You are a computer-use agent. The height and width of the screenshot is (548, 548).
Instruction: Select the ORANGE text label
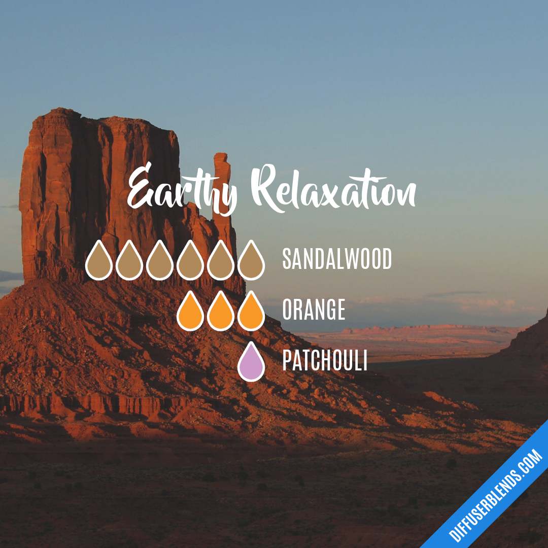pyautogui.click(x=314, y=310)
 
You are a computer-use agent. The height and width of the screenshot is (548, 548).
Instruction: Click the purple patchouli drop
pyautogui.click(x=251, y=363)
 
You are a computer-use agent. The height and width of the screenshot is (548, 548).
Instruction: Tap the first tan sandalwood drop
pyautogui.click(x=99, y=262)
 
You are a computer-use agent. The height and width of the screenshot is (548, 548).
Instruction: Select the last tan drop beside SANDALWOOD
pyautogui.click(x=251, y=262)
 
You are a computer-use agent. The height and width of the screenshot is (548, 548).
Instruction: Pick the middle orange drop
pyautogui.click(x=221, y=313)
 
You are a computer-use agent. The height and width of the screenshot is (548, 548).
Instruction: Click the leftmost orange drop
pyautogui.click(x=190, y=313)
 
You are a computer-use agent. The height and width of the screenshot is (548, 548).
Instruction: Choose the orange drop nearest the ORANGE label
pyautogui.click(x=251, y=313)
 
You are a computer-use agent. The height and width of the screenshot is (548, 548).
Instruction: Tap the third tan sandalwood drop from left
pyautogui.click(x=160, y=262)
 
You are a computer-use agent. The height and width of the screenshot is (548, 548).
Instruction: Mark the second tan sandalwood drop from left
pyautogui.click(x=129, y=262)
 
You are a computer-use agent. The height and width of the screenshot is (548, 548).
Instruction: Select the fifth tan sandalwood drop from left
pyautogui.click(x=221, y=262)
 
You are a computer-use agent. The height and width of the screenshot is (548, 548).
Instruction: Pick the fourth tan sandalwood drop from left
pyautogui.click(x=190, y=262)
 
